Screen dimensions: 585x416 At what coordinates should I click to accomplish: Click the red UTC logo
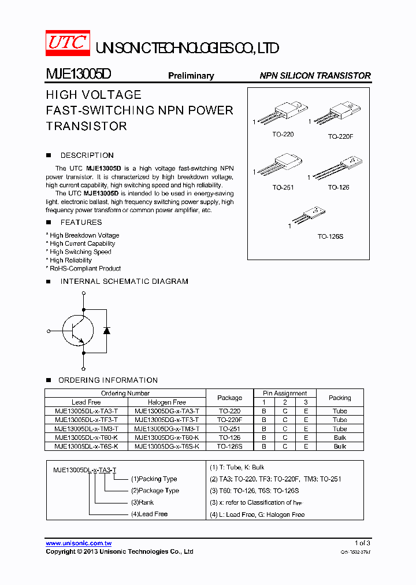tap(68, 43)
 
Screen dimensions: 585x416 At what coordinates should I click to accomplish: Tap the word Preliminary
tap(191, 76)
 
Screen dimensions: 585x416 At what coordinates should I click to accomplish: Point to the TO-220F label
tap(340, 136)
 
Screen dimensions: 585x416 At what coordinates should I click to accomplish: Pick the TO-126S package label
tap(330, 237)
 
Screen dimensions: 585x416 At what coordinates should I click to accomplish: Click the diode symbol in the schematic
tap(106, 331)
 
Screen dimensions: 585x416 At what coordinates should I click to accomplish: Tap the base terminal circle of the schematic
tap(48, 331)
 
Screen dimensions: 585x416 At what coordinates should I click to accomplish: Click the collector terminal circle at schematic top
tap(84, 294)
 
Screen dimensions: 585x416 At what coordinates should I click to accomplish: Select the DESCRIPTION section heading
tap(87, 155)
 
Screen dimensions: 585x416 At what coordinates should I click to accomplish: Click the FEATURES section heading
tap(81, 223)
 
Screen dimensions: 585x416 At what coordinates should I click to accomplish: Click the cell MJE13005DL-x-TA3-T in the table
tap(86, 411)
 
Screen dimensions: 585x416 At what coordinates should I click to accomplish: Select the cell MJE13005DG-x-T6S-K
tap(167, 446)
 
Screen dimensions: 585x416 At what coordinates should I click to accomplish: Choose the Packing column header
tap(340, 398)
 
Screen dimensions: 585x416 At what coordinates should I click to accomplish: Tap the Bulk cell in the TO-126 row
tap(340, 438)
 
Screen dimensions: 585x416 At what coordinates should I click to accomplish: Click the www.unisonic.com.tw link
tap(79, 543)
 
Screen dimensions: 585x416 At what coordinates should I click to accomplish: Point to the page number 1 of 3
tap(362, 543)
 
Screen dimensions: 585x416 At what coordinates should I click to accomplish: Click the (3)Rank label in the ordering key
tap(142, 502)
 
